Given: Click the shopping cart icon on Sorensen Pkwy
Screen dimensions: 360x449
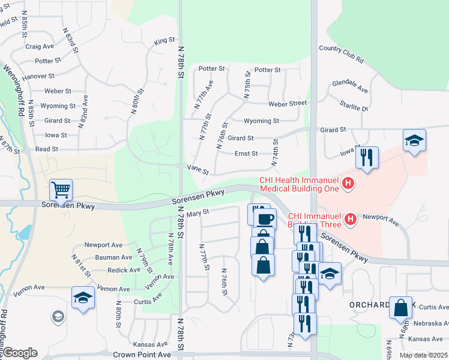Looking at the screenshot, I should pos(61,190).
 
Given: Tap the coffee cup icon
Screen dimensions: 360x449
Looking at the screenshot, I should pos(265,218).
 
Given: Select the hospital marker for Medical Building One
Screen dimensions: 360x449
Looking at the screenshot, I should pos(348,182).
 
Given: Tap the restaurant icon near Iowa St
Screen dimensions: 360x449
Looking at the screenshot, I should pos(367,158).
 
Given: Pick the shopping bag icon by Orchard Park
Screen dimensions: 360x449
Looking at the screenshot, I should pos(400,308).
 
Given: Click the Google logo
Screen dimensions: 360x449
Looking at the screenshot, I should pos(19,353).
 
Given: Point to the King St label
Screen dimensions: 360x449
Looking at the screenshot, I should pos(164,41).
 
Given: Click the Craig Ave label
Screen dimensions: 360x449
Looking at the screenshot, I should pos(40,46).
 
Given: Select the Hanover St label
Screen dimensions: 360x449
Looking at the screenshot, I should pos(38,77).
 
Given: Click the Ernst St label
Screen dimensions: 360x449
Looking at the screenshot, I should pos(246,154).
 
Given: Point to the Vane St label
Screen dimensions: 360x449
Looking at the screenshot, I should pos(198,170).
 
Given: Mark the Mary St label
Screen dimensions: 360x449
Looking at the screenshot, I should pos(197,212).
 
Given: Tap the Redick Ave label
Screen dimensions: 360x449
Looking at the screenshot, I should pos(123,270).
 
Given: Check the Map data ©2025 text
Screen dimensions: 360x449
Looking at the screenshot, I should pos(423,355).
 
